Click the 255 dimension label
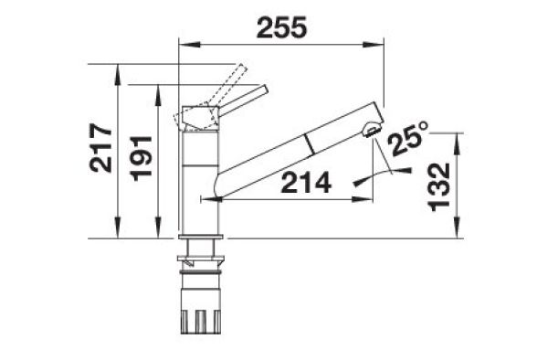(281, 27)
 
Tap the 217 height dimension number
(101, 148)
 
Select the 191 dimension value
(141, 158)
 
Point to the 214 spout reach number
(306, 183)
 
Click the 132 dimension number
(439, 187)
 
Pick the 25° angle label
(407, 138)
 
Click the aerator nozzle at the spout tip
(372, 129)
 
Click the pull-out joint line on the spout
(310, 143)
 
